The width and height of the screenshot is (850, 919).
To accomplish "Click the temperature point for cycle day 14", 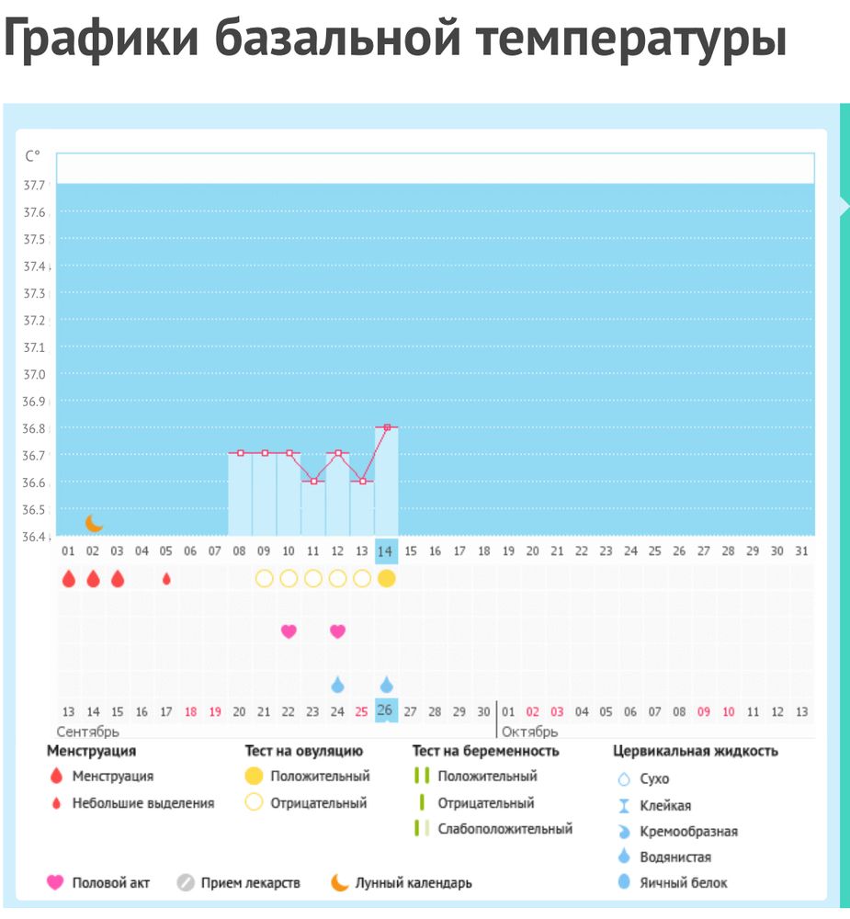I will click(x=387, y=427).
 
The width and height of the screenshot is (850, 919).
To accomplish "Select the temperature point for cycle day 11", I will click(x=313, y=481).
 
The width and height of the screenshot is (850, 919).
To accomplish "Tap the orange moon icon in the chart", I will click(x=94, y=523).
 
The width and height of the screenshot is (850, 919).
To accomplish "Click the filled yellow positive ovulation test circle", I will click(x=387, y=578).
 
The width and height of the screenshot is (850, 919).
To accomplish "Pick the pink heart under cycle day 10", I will click(x=289, y=631).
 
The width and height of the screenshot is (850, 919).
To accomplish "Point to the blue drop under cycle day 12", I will click(x=337, y=685).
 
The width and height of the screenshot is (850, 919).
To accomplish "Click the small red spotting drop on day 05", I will click(x=166, y=579).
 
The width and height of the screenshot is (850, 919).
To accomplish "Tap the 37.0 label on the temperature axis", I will click(x=34, y=374).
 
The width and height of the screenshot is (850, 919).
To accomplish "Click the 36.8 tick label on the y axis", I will click(x=34, y=428).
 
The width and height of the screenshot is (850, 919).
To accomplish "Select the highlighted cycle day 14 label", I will click(x=386, y=550).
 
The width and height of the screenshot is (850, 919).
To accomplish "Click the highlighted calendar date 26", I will click(x=386, y=710).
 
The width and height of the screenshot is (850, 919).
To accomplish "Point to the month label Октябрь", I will click(x=529, y=732).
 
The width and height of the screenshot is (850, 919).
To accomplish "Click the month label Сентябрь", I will click(x=88, y=732).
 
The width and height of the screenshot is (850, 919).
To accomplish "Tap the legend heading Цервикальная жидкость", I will click(x=696, y=751).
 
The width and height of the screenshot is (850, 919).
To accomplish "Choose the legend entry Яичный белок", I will click(x=684, y=882).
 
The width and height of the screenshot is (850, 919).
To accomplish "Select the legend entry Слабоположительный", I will click(x=504, y=829).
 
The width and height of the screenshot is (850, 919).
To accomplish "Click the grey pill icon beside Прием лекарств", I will click(x=186, y=883).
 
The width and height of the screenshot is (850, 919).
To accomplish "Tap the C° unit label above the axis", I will click(x=33, y=156).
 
